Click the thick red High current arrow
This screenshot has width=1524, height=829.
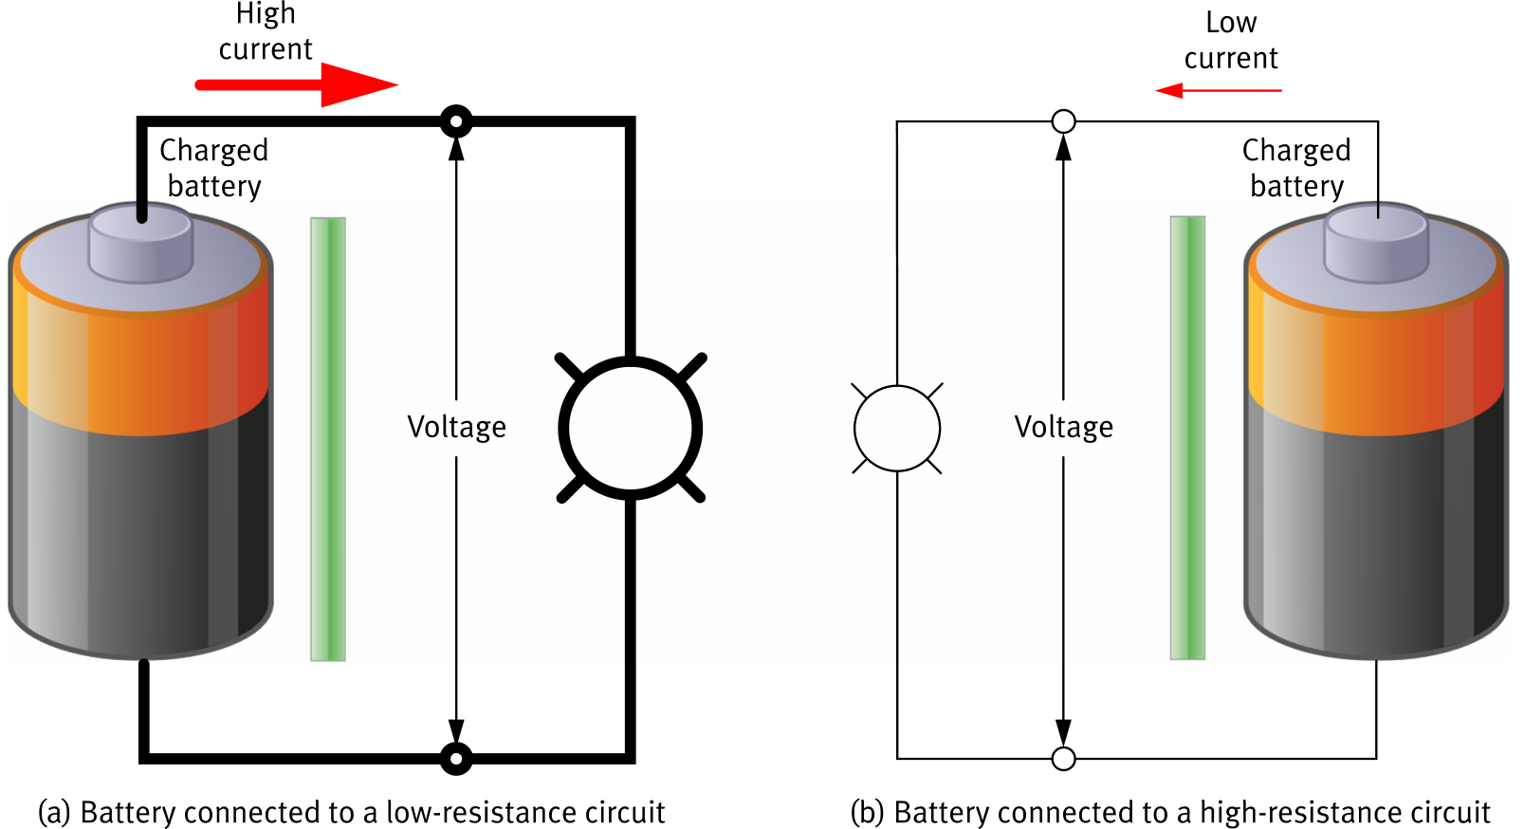click(294, 84)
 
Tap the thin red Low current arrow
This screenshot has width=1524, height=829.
click(1219, 90)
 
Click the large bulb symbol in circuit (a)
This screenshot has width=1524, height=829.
click(631, 428)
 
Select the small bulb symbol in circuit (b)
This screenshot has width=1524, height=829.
click(897, 428)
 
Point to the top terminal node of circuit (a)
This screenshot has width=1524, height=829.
click(456, 121)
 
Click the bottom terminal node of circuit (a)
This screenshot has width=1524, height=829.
click(456, 759)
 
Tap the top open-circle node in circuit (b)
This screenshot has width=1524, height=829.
click(1064, 121)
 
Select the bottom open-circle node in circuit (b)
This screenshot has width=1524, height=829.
click(1064, 759)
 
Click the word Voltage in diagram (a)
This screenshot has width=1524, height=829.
click(456, 427)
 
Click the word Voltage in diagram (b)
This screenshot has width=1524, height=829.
click(1064, 427)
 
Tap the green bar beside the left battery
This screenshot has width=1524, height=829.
click(328, 438)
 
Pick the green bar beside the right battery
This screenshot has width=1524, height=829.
click(1187, 438)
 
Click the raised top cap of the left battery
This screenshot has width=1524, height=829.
click(141, 243)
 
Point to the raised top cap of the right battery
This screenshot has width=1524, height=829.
click(1376, 243)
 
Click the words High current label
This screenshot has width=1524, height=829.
click(266, 31)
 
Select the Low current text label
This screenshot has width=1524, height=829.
click(1231, 40)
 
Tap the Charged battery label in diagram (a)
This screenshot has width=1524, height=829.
click(214, 168)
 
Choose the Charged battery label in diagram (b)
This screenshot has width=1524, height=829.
click(1296, 168)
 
